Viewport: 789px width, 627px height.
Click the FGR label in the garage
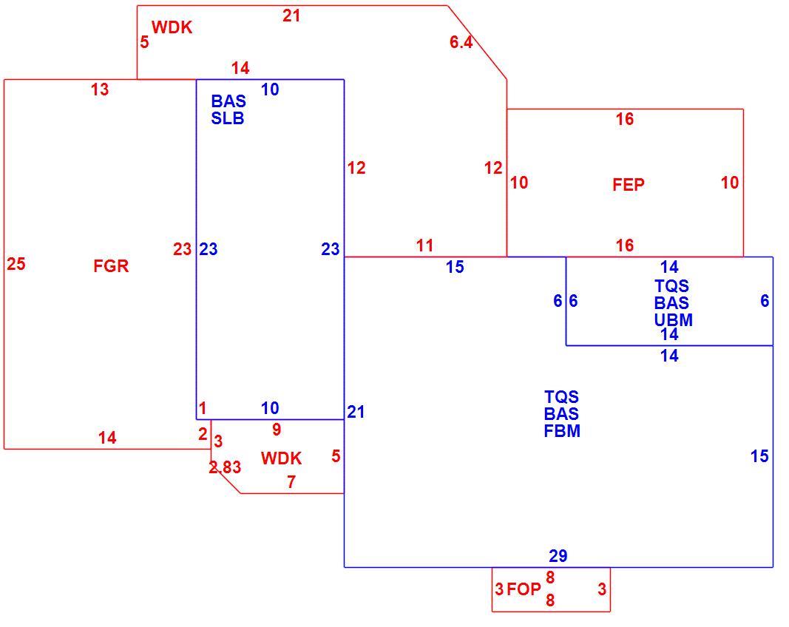(111, 265)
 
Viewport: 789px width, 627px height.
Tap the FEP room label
(629, 185)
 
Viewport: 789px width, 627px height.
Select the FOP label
(524, 589)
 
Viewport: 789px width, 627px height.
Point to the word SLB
(228, 118)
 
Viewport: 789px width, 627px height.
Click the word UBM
(673, 320)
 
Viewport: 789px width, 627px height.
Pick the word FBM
(562, 431)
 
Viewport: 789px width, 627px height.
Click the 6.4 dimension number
(461, 42)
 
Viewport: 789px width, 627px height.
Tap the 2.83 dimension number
(225, 467)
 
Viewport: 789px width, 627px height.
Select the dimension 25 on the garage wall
(16, 264)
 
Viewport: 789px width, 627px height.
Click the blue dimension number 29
(558, 556)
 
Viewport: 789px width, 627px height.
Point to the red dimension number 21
(291, 16)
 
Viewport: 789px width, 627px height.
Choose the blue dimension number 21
(356, 412)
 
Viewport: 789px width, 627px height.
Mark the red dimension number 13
(100, 89)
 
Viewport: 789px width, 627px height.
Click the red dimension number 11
(424, 245)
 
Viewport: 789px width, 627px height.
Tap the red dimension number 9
(277, 430)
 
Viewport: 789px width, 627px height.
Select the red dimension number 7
(291, 482)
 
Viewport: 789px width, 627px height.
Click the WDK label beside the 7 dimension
(281, 458)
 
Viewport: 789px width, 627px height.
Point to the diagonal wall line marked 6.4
(477, 42)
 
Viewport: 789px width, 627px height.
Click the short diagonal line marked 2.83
(226, 478)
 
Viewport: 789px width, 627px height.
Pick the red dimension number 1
(203, 409)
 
